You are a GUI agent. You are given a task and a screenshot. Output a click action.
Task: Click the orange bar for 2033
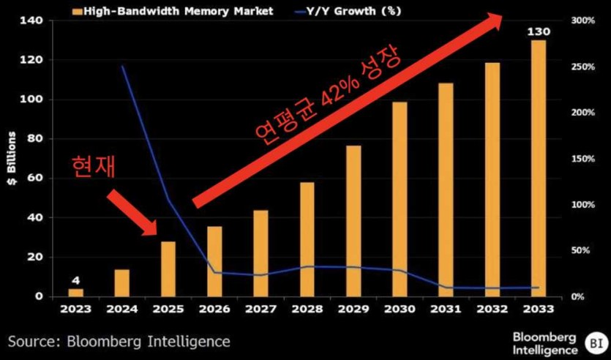(538, 168)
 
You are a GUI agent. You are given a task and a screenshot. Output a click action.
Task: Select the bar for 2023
(76, 292)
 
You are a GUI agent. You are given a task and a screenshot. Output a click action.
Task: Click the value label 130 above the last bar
(538, 32)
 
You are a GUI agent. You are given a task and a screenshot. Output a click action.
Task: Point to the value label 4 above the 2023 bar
(76, 280)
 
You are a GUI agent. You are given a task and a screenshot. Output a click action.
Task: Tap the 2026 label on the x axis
(214, 309)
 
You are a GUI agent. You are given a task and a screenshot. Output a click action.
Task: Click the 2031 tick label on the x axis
(446, 309)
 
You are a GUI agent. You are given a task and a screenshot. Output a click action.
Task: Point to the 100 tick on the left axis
(35, 100)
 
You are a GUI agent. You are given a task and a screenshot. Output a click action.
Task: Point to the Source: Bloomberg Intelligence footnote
(119, 341)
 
